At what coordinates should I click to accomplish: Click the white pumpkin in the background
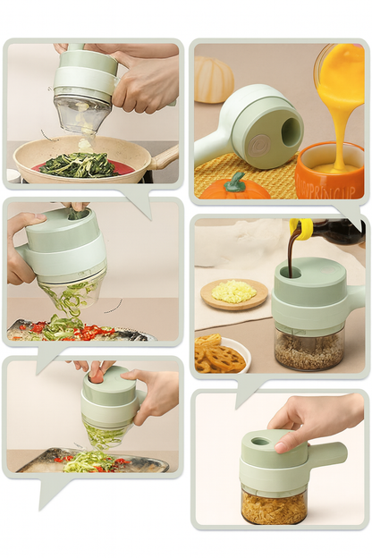coord(215,80)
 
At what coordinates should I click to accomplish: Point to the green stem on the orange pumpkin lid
coord(235,182)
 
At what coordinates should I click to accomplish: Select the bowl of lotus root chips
coord(220,356)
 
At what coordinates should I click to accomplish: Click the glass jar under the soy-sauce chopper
coord(309,351)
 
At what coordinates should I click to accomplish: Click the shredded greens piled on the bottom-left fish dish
coord(89,461)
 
